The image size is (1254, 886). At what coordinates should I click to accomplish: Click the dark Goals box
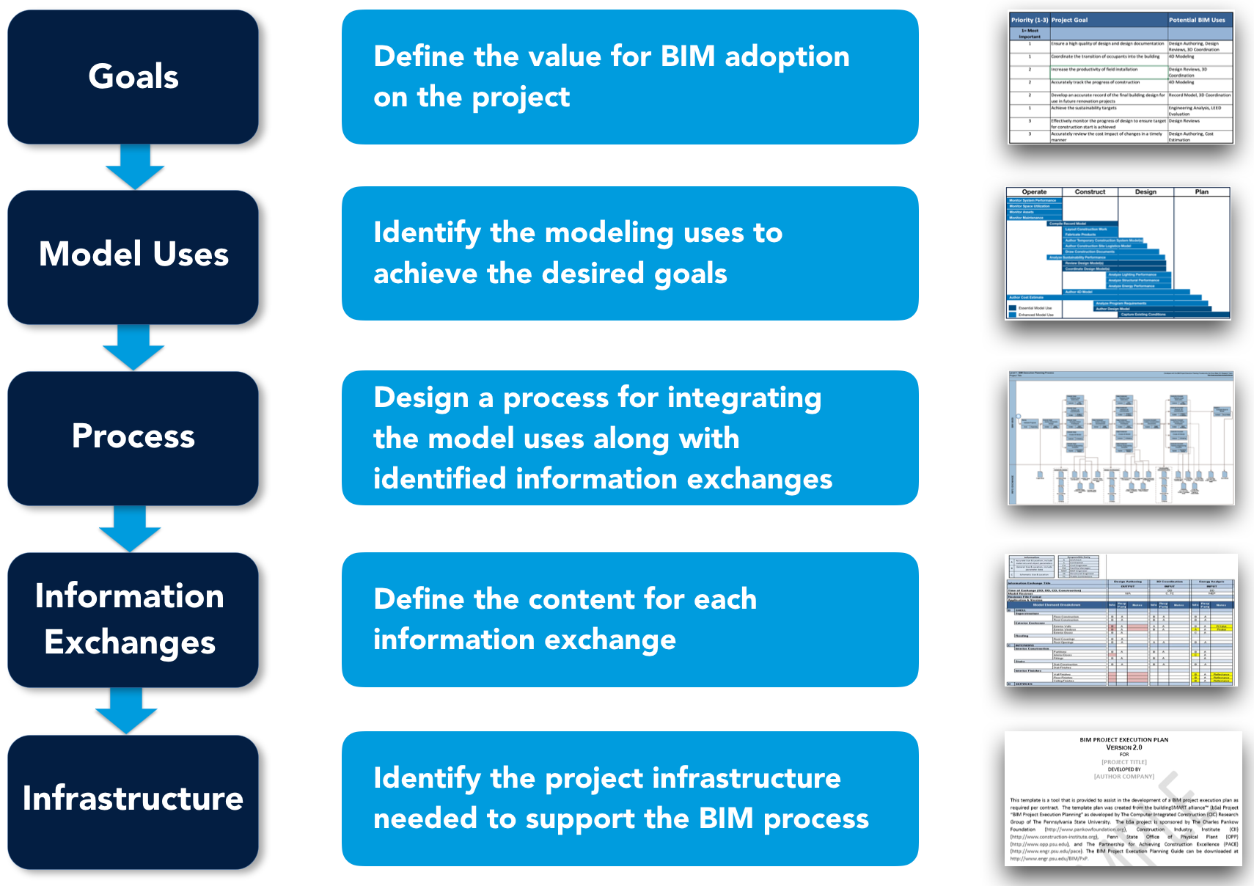coord(133,77)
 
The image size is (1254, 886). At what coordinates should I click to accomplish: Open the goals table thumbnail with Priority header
coord(1121,78)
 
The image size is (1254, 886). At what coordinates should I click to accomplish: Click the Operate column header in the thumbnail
coord(1034,192)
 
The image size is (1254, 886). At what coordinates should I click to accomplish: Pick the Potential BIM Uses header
coord(1196,20)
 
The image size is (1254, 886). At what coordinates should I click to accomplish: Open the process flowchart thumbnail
coord(1121,438)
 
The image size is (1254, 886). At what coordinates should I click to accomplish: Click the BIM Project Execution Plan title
coord(1123,739)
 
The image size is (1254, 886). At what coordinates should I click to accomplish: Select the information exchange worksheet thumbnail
coord(1121,620)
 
